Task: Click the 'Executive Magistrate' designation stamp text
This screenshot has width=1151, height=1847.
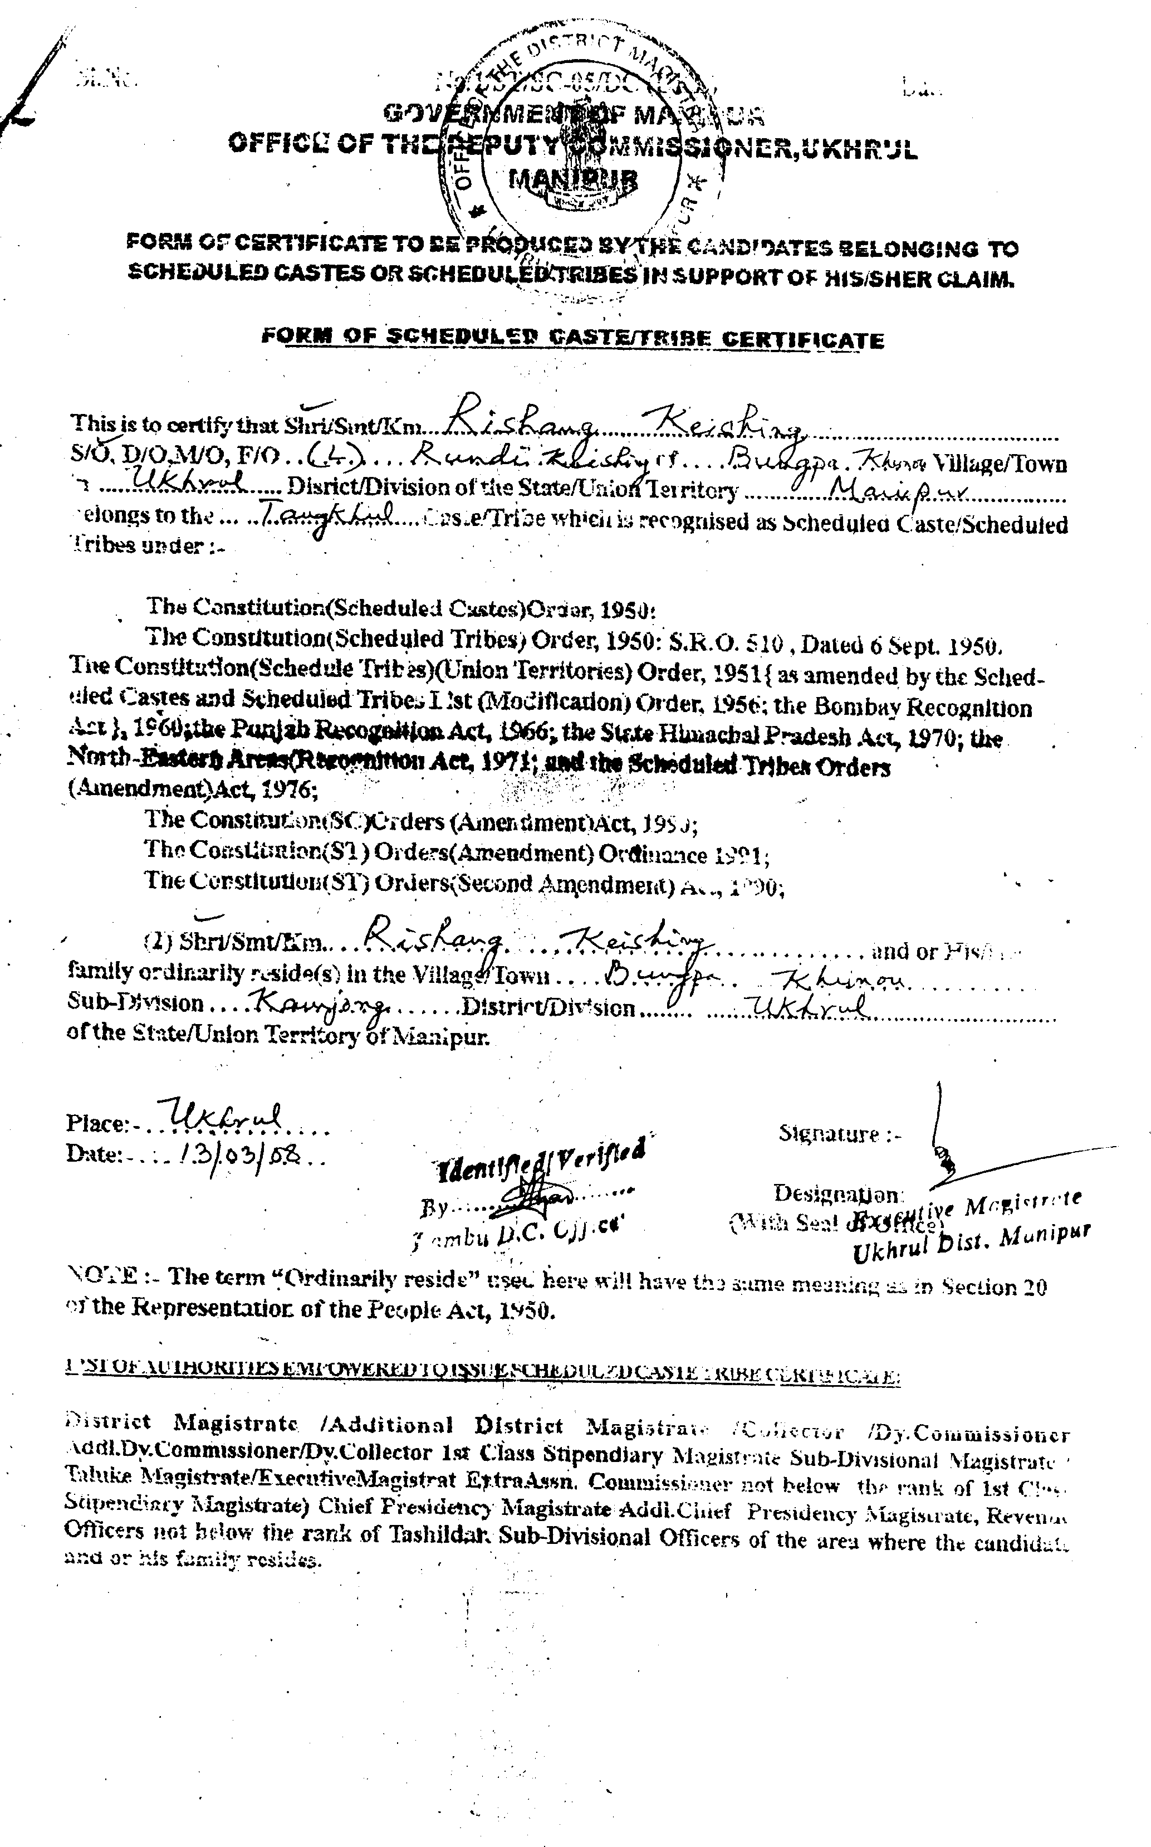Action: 967,1206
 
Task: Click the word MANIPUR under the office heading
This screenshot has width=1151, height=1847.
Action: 573,179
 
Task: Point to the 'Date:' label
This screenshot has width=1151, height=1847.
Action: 93,1154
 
